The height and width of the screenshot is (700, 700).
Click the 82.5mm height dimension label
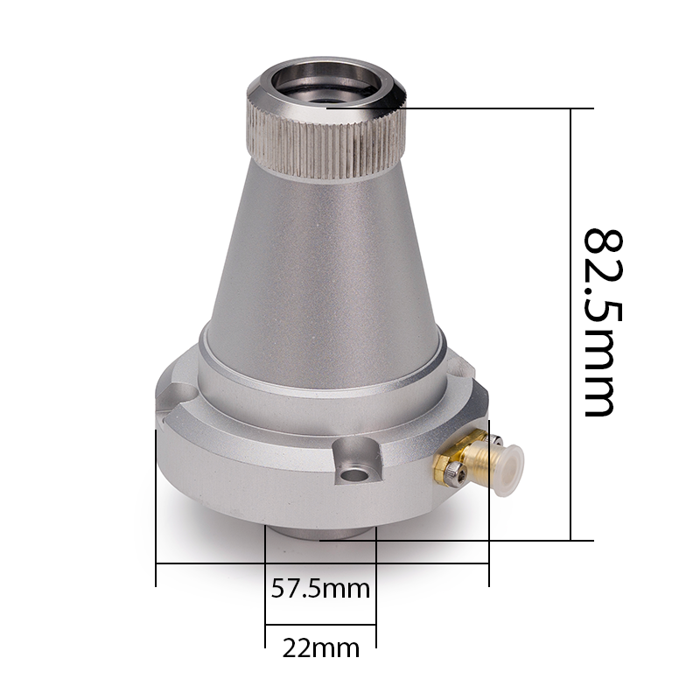pyautogui.click(x=603, y=323)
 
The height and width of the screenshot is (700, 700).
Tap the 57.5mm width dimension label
pyautogui.click(x=320, y=589)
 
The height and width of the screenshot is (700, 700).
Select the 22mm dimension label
pyautogui.click(x=321, y=648)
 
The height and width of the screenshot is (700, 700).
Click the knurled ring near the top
pyautogui.click(x=326, y=143)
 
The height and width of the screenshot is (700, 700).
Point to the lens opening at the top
pyautogui.click(x=325, y=85)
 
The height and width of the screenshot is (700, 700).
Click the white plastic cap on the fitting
pyautogui.click(x=508, y=470)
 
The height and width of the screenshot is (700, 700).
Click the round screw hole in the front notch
pyautogui.click(x=355, y=474)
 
